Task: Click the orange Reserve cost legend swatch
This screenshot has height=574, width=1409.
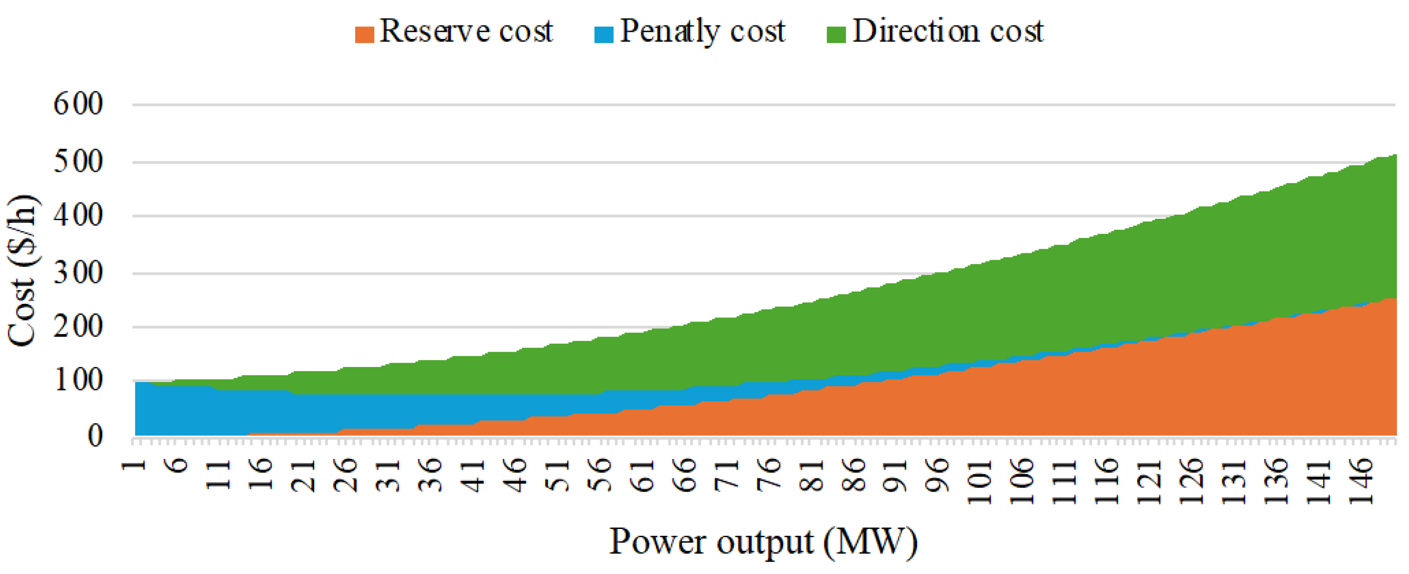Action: click(x=364, y=34)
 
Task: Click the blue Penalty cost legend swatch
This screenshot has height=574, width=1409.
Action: click(x=604, y=34)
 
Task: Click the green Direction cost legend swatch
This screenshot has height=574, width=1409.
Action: click(x=836, y=34)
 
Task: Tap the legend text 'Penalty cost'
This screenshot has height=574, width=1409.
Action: click(x=702, y=32)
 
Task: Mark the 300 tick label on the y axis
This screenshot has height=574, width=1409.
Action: click(x=78, y=272)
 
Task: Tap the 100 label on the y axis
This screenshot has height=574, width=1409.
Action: click(x=78, y=380)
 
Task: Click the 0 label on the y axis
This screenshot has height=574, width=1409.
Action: click(x=95, y=436)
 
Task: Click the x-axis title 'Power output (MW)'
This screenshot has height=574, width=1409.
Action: click(x=763, y=542)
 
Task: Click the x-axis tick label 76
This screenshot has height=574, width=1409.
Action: click(x=771, y=474)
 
